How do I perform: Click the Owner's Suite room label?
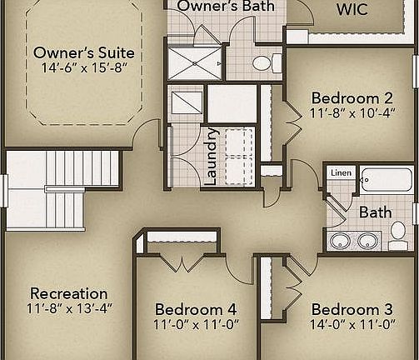tap(83, 53)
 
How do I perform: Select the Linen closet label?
tap(342, 173)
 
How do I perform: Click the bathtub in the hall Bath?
tap(385, 179)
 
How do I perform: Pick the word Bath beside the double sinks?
tap(375, 212)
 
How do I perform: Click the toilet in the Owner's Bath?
tap(265, 62)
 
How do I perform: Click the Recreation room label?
tap(69, 293)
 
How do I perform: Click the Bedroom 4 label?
tap(189, 309)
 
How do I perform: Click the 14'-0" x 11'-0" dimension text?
tap(351, 325)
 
